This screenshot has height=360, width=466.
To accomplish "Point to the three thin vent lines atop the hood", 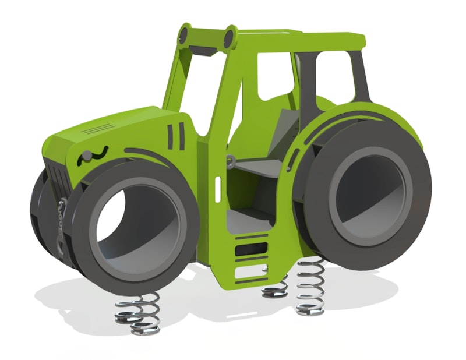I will click(x=96, y=128).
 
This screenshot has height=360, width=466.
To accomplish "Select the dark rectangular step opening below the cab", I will click(x=249, y=250).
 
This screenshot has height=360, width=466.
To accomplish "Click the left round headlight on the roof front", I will click(x=185, y=34).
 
